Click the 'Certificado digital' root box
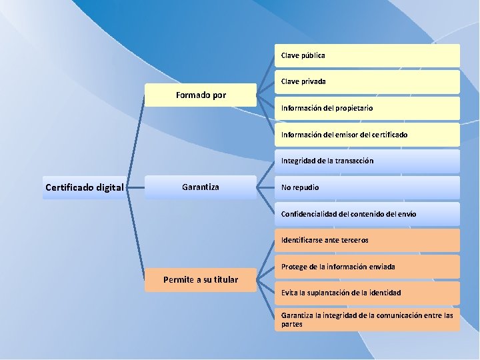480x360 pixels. click(85, 187)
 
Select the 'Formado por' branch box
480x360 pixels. click(201, 95)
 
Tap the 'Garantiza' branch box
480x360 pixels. click(201, 187)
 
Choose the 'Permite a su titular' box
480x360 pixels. click(201, 279)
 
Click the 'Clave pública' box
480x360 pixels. click(367, 55)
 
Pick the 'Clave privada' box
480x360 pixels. click(367, 81)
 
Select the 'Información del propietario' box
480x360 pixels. click(367, 108)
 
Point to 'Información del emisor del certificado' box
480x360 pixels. click(367, 135)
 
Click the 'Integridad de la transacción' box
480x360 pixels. click(367, 161)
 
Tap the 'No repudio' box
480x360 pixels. click(367, 187)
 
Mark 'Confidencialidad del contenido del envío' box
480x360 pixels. click(367, 214)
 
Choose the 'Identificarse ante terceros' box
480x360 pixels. click(367, 240)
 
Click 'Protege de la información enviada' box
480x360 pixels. click(367, 267)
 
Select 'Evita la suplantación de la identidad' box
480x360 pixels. click(367, 293)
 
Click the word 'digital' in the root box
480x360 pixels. click(109, 187)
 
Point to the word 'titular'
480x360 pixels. click(224, 279)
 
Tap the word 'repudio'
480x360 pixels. click(307, 187)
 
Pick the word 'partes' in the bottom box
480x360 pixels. click(292, 324)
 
